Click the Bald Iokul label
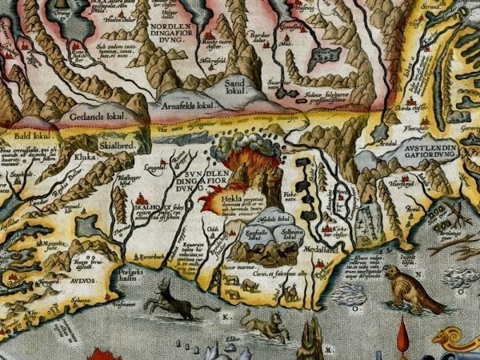click(30, 136)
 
